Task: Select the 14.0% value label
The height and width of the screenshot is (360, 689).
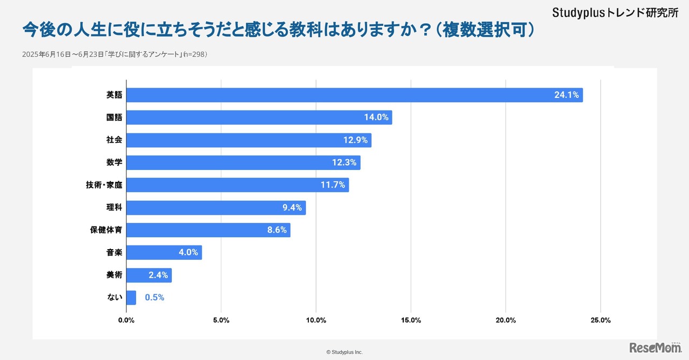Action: pyautogui.click(x=376, y=117)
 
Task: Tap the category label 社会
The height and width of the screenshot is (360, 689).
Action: pyautogui.click(x=114, y=140)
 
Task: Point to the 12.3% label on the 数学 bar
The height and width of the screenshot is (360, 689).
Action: pyautogui.click(x=344, y=163)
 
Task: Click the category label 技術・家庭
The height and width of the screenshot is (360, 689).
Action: pyautogui.click(x=104, y=185)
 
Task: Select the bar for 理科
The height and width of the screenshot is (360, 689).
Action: pyautogui.click(x=215, y=208)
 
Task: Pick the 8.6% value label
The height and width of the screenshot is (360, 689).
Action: pyautogui.click(x=278, y=230)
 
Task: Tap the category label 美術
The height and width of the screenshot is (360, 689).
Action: pyautogui.click(x=114, y=275)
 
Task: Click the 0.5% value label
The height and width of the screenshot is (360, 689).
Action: pyautogui.click(x=154, y=298)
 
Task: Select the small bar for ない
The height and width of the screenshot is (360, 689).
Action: pyautogui.click(x=131, y=298)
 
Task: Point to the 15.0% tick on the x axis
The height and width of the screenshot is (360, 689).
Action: pyautogui.click(x=411, y=320)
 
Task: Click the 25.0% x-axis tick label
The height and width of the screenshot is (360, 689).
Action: pyautogui.click(x=600, y=320)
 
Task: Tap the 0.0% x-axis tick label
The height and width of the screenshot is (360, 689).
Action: pyautogui.click(x=126, y=320)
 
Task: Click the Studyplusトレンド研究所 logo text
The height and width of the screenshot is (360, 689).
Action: pyautogui.click(x=615, y=12)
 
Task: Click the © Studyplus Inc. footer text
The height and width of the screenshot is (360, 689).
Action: pyautogui.click(x=344, y=352)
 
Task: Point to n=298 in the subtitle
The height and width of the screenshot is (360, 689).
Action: pyautogui.click(x=194, y=54)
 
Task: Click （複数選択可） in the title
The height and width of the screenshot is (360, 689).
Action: pyautogui.click(x=485, y=30)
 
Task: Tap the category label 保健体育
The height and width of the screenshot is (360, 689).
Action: pyautogui.click(x=106, y=230)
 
